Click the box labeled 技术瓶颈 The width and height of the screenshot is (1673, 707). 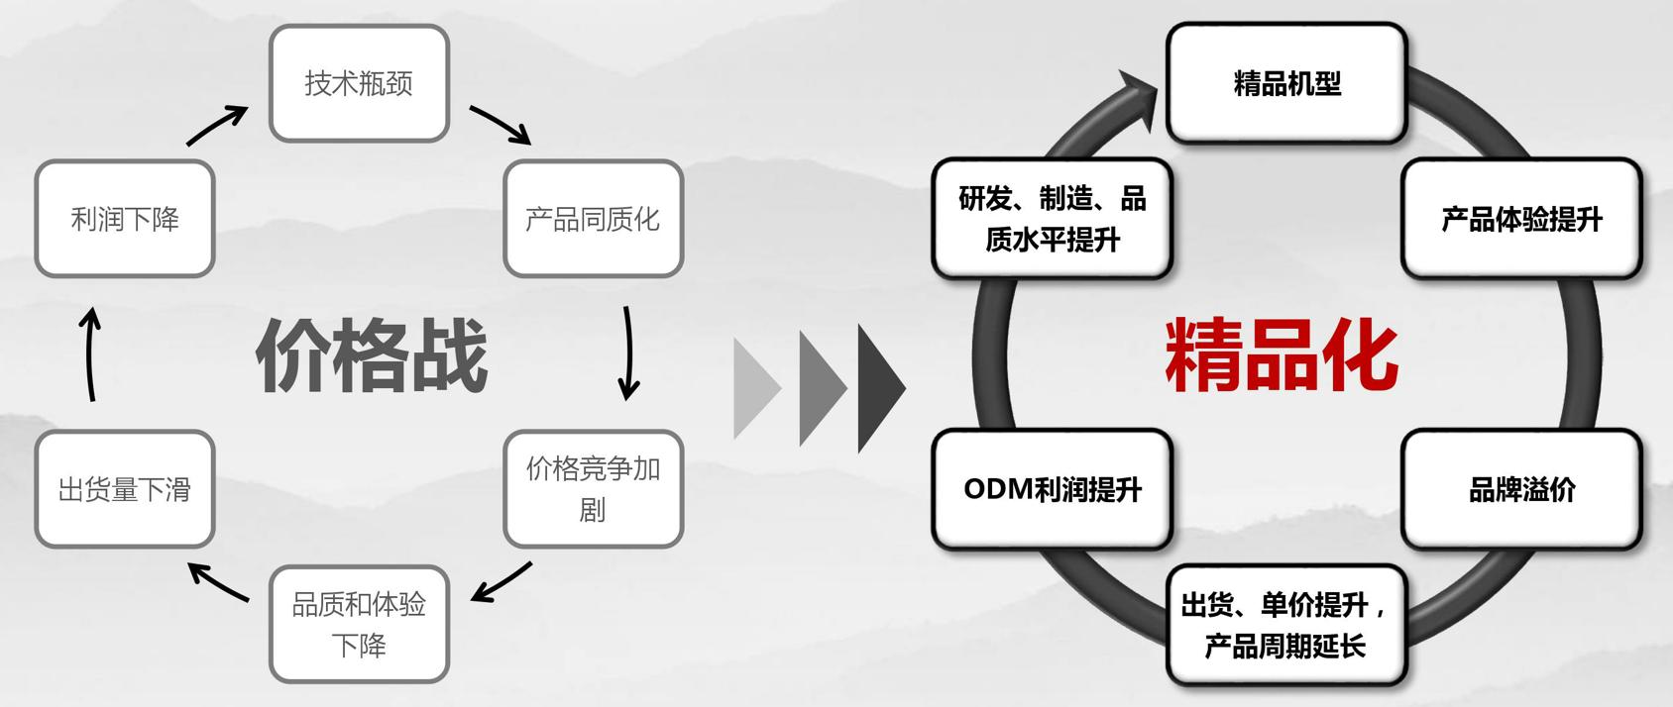pos(359,83)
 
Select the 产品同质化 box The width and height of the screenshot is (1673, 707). pos(593,219)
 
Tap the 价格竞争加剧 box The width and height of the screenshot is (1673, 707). pos(593,488)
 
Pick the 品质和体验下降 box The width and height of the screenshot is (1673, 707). pos(359,624)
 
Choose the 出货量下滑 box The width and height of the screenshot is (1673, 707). pos(125,489)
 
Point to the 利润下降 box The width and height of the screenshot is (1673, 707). pos(125,219)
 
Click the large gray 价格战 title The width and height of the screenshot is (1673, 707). pos(372,354)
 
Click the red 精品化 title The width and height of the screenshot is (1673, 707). pos(1282,354)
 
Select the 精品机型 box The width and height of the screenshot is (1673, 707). pos(1286,83)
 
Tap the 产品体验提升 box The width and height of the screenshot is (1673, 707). pos(1521,219)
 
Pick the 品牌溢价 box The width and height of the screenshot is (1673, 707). pos(1521,489)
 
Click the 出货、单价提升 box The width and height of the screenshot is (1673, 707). pos(1286,624)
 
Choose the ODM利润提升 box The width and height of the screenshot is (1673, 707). pos(1052,489)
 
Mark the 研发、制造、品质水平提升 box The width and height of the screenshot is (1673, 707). pos(1052,219)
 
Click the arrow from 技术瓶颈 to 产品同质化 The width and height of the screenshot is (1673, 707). pos(501,125)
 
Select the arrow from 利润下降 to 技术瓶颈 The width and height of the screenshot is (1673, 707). pos(217,125)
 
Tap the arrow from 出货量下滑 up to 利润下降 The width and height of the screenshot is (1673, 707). pos(90,354)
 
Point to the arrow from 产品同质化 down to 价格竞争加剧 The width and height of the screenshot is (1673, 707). pos(627,353)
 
